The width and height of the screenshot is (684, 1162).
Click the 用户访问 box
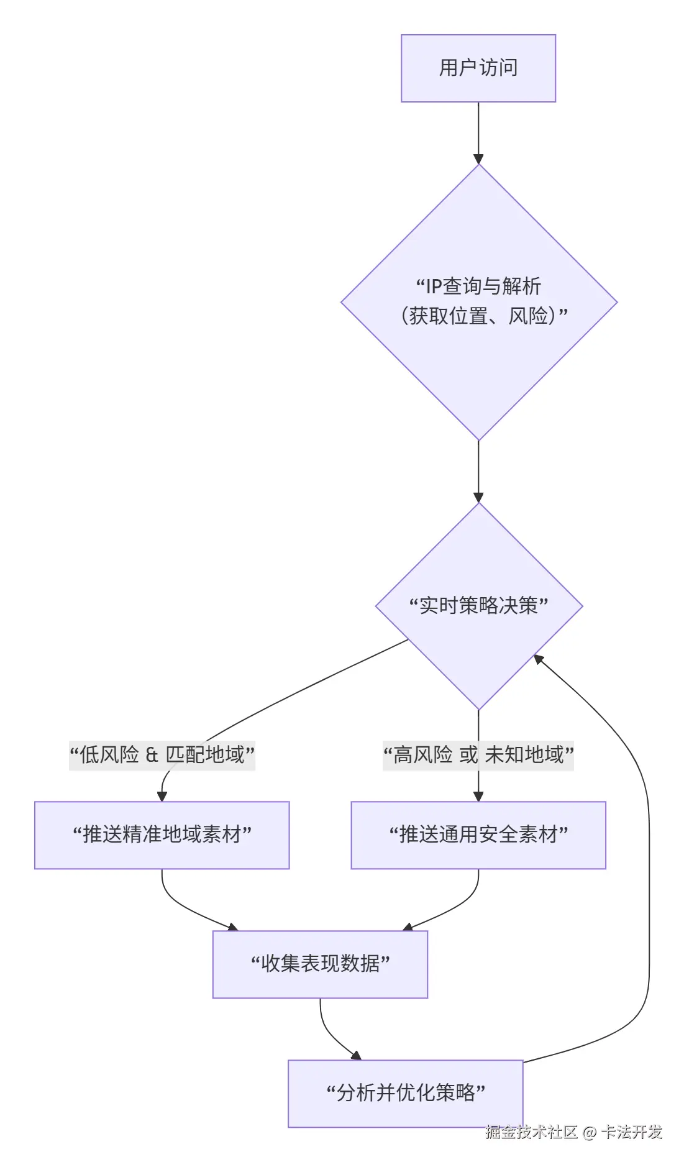(478, 68)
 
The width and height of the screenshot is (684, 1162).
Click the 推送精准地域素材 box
(162, 835)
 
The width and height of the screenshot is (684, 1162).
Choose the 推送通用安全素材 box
(478, 835)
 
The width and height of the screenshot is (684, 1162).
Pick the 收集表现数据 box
(320, 964)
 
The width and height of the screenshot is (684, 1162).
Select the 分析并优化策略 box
(405, 1093)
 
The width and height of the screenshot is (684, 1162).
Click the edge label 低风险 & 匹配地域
(162, 755)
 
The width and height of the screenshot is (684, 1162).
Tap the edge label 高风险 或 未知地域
(478, 755)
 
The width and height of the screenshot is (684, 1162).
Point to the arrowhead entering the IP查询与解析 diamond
(478, 158)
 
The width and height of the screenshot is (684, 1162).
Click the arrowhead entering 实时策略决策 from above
(478, 497)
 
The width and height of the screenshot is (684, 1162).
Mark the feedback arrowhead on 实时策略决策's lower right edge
(539, 659)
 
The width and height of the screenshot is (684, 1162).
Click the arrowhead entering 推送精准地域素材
(162, 796)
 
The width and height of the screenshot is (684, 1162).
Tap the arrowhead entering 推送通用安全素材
(478, 796)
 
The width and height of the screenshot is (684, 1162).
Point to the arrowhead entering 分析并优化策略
(355, 1055)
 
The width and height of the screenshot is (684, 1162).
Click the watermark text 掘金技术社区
(531, 1132)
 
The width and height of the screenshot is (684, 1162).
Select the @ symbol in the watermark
(590, 1133)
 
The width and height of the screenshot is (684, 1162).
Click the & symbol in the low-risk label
(152, 755)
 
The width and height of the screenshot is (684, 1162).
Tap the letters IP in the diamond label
(433, 286)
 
